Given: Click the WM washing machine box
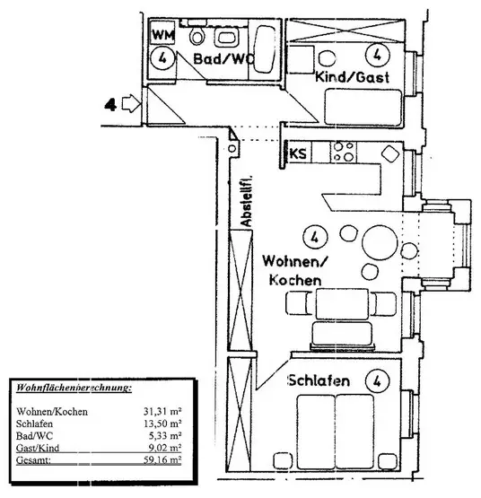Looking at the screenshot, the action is tap(162, 32).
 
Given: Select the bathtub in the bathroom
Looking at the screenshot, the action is tap(266, 48).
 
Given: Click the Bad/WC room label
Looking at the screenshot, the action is tap(224, 58).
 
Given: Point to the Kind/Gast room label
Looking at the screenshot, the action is tap(352, 77).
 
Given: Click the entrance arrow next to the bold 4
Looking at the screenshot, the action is tap(132, 103).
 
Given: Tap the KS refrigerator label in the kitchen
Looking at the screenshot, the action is tap(298, 153).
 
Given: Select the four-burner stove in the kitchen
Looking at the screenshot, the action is tap(344, 152).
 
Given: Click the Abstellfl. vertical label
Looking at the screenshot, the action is tap(246, 201).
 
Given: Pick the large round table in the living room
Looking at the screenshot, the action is tap(380, 243).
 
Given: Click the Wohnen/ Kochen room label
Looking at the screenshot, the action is tap(295, 271).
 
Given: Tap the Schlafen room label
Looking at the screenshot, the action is tap(319, 380).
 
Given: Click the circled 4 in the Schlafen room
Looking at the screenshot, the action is tap(377, 380).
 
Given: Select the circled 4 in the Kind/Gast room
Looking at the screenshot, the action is tap(377, 55).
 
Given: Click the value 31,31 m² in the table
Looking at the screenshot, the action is tap(162, 411).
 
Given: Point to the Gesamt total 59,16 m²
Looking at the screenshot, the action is tap(162, 460).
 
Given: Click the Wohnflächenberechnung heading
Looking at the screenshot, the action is tap(74, 388).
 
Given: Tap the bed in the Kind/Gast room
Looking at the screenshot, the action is tap(363, 108).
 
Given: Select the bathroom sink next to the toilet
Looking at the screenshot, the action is tap(225, 37).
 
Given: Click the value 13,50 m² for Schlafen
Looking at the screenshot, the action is tap(162, 424).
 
